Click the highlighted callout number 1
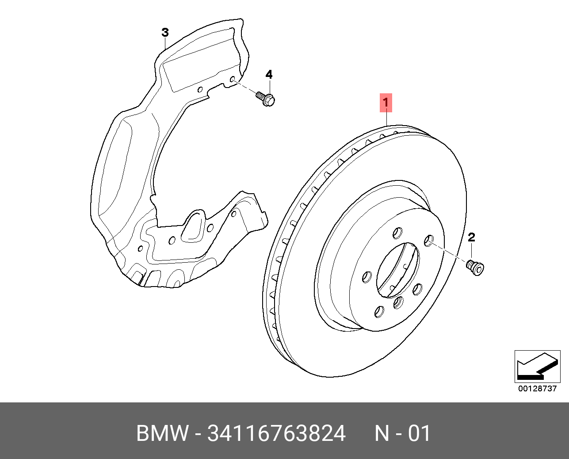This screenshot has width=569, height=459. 386,103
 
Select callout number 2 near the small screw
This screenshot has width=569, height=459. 471,237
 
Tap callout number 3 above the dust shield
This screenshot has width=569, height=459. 165,32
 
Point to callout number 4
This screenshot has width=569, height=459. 269,74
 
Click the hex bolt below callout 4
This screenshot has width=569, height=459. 266,99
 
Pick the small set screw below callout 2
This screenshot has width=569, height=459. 476,268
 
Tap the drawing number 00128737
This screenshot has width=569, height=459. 537,389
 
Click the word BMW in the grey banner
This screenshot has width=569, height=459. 162,433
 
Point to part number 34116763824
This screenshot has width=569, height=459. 276,433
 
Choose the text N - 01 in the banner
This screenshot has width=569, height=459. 402,433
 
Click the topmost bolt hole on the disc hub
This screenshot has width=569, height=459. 397,233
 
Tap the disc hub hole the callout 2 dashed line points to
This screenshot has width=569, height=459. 428,241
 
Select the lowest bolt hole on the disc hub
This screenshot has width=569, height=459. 378,312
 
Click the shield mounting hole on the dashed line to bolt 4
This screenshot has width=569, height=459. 233,80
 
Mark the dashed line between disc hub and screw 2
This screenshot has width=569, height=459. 449,252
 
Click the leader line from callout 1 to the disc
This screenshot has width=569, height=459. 386,118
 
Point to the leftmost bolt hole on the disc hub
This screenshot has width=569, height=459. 367,277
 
